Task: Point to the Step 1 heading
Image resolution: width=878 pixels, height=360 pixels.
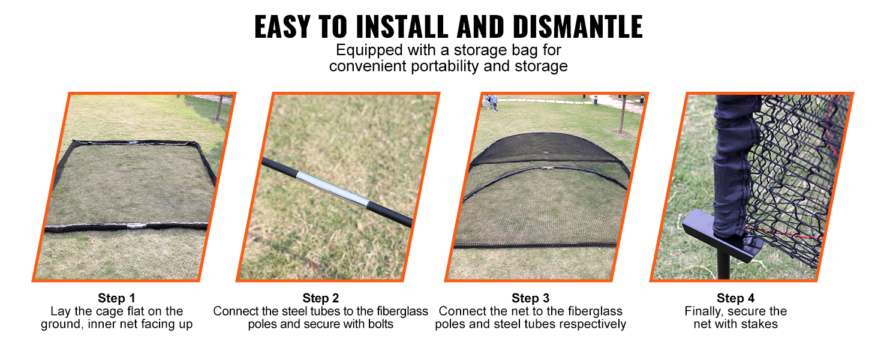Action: click(116, 298)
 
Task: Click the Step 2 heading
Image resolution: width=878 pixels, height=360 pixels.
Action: click(321, 298)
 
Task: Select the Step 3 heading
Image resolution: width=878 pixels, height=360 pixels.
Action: click(530, 298)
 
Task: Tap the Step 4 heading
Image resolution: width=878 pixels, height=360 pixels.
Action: click(736, 298)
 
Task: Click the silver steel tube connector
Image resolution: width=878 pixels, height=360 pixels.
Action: click(332, 189)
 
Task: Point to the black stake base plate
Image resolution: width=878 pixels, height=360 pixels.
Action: click(723, 235)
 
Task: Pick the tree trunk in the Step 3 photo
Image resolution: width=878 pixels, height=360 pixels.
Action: click(622, 114)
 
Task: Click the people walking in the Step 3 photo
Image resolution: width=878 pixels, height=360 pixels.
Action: click(491, 103)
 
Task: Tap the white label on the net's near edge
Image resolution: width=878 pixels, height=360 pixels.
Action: click(137, 226)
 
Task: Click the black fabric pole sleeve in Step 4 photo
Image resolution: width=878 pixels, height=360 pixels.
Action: click(733, 165)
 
